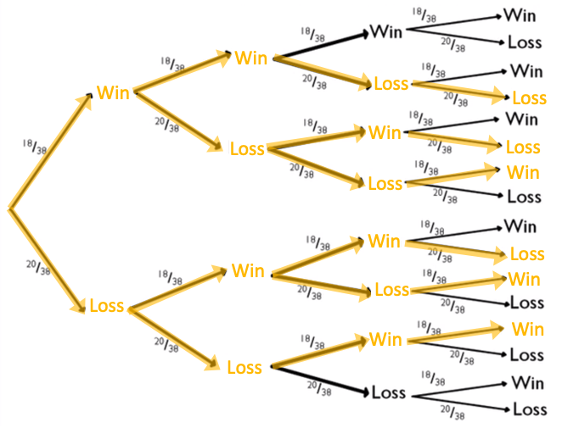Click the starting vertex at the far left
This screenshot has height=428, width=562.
(8, 208)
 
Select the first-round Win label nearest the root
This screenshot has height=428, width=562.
(113, 92)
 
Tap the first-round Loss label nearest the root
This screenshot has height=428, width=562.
(107, 305)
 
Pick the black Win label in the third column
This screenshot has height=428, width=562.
(386, 33)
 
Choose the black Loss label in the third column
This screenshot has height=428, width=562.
(389, 393)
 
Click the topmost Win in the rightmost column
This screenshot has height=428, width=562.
(520, 14)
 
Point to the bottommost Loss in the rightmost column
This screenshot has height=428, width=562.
(530, 409)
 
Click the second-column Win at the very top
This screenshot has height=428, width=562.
(251, 58)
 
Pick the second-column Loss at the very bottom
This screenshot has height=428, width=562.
(244, 367)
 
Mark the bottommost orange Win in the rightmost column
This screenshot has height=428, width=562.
(527, 329)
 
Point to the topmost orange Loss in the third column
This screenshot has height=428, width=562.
(391, 84)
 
